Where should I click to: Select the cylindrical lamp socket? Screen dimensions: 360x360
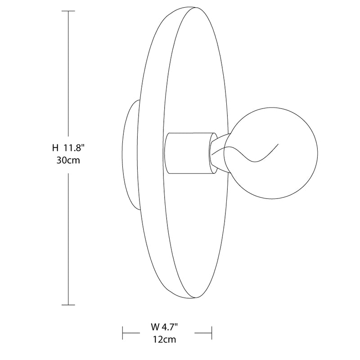coord(188,153)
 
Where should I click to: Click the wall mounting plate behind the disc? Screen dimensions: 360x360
coord(129,155)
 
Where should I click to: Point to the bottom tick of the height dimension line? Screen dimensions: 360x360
coord(68,305)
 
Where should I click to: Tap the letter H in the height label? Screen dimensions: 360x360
coord(55,147)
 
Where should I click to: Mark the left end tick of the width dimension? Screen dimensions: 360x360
coord(123,333)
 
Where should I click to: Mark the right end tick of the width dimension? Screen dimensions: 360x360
coord(211,333)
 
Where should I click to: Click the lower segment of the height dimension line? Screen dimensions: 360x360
coord(68,238)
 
